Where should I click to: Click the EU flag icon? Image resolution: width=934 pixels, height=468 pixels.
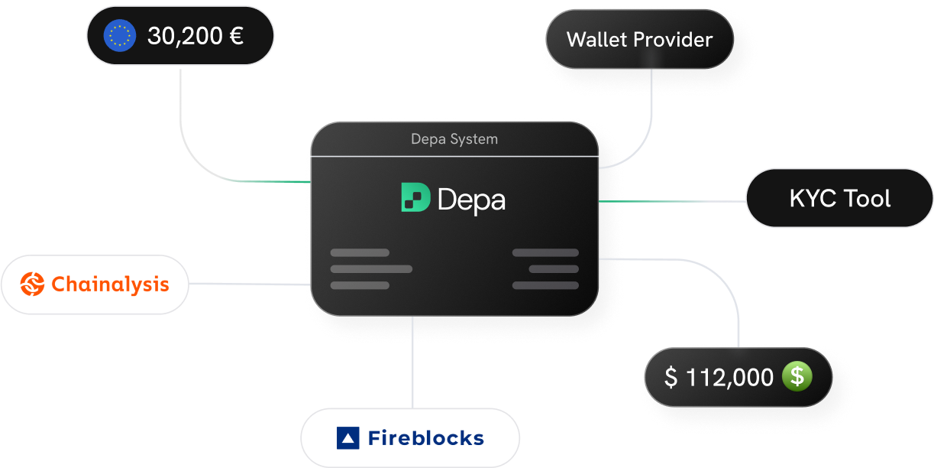click(x=120, y=36)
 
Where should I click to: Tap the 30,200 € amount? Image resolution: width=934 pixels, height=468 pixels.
click(x=196, y=36)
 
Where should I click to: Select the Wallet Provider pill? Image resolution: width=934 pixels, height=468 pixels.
click(x=639, y=40)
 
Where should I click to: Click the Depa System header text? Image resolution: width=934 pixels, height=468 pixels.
click(x=454, y=139)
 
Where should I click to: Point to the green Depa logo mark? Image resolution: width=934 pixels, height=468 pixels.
click(x=415, y=197)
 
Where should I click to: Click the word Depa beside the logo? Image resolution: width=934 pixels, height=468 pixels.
click(x=471, y=200)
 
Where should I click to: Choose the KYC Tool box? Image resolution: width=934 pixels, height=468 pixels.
click(x=839, y=199)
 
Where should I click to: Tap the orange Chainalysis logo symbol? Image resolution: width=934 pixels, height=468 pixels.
click(x=33, y=284)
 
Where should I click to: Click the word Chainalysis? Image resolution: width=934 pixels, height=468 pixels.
click(x=110, y=284)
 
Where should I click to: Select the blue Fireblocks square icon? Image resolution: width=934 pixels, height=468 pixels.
click(x=347, y=438)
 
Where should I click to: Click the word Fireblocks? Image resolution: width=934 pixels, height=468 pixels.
click(x=425, y=438)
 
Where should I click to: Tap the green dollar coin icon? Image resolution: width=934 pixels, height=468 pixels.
click(x=797, y=376)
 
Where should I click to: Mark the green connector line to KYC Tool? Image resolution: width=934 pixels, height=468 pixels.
click(x=672, y=202)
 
